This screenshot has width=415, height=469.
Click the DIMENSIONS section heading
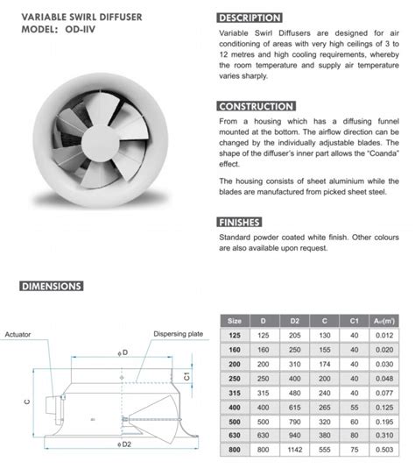(52, 286)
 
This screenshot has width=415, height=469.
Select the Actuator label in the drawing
(18, 335)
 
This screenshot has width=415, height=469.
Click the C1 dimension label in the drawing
(186, 375)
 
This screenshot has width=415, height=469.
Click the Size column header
(234, 320)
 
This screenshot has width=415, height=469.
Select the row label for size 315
(234, 394)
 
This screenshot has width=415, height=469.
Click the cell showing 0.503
(383, 449)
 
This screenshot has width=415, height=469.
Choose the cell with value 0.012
(383, 335)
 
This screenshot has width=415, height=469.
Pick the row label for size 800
(234, 449)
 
